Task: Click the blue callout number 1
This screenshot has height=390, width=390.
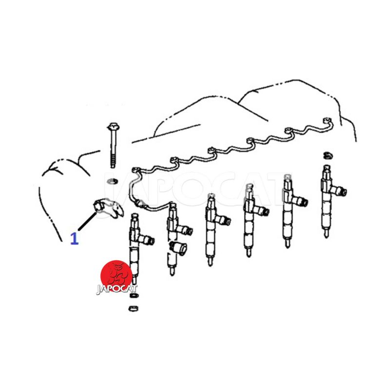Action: click(75, 238)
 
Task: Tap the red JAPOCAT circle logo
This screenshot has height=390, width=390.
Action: click(117, 275)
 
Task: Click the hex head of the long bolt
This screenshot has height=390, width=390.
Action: click(113, 127)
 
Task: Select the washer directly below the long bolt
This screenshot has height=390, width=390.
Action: click(113, 181)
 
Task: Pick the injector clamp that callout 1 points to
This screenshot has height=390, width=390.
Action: click(108, 208)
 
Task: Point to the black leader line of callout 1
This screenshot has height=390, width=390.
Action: click(87, 221)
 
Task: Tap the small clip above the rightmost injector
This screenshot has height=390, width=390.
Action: click(328, 156)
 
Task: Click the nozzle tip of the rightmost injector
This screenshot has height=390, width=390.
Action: click(326, 234)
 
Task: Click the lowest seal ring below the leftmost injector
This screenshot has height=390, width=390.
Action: click(133, 309)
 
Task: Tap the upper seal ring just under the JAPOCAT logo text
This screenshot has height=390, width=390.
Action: click(134, 295)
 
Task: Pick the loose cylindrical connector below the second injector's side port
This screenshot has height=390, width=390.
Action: click(178, 247)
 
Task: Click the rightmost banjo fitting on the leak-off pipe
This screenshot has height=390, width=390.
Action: click(328, 121)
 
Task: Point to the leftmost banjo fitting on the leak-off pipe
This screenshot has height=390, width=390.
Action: click(136, 170)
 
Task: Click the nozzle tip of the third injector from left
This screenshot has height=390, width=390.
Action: click(210, 262)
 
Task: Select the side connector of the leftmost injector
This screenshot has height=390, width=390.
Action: click(147, 239)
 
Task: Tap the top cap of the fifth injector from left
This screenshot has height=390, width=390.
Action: click(288, 177)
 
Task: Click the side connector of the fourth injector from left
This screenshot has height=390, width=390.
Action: click(262, 211)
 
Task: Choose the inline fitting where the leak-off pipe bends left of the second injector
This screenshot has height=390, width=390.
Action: click(140, 203)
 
